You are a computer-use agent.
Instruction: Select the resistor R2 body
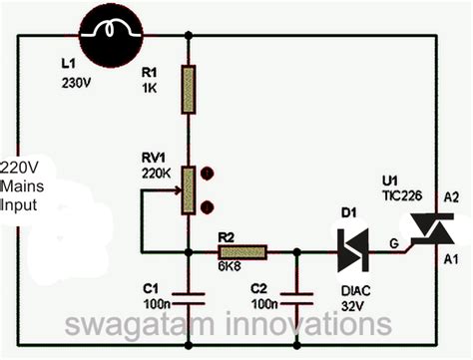[x=242, y=252]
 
